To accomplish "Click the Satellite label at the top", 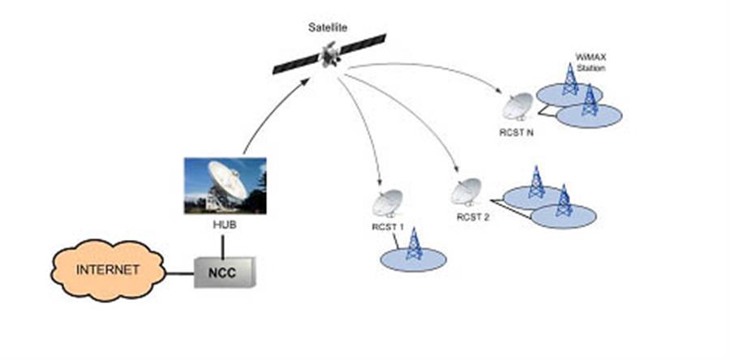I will tap(328, 28).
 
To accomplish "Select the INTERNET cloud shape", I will tap(108, 270).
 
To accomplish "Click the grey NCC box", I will tap(225, 272).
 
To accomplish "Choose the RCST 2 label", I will tap(473, 216).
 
